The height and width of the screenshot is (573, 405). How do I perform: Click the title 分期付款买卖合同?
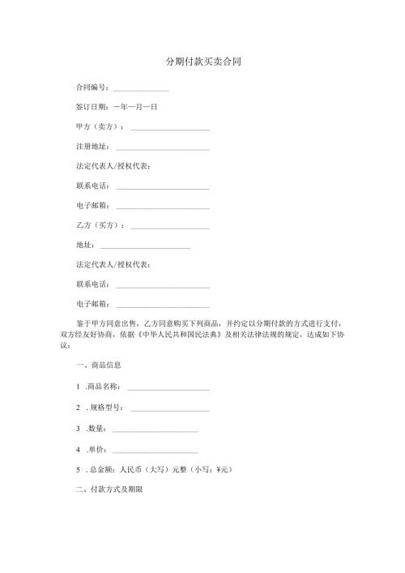tap(203, 62)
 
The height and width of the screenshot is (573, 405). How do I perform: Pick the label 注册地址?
tap(90, 147)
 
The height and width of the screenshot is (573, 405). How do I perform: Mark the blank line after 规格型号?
tap(169, 407)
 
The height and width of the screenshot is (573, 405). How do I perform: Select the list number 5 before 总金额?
tap(77, 468)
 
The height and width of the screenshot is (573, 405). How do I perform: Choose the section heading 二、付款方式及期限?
tap(109, 490)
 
